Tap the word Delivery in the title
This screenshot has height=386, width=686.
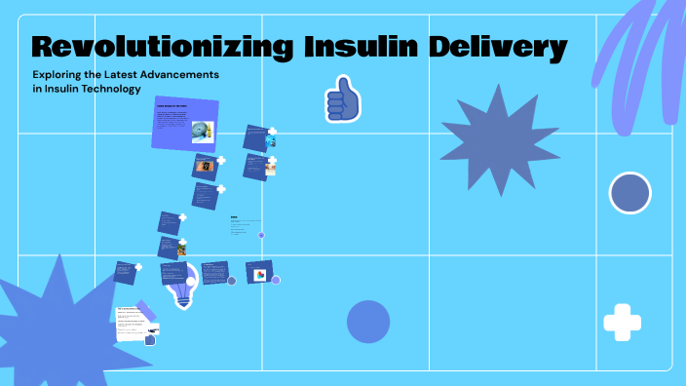(508, 46)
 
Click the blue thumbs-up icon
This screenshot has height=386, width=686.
(342, 98)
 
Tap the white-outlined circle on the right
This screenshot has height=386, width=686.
(629, 193)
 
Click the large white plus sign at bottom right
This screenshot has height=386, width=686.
(622, 322)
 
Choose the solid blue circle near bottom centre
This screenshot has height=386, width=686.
(368, 322)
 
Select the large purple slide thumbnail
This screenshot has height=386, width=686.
(185, 124)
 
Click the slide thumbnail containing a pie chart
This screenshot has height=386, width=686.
(259, 272)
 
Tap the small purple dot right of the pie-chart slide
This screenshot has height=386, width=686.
(276, 280)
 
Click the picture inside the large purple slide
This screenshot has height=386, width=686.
(203, 131)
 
